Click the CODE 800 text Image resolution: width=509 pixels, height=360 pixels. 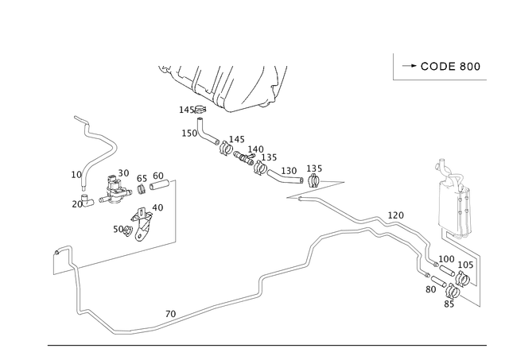pyautogui.click(x=450, y=67)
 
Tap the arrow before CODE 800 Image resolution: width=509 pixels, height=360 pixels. pyautogui.click(x=410, y=66)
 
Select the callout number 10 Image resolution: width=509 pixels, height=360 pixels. pyautogui.click(x=76, y=175)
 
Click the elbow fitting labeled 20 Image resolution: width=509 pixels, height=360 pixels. pyautogui.click(x=87, y=200)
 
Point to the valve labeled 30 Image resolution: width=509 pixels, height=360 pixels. pyautogui.click(x=115, y=191)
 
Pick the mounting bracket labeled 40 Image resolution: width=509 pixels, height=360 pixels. pyautogui.click(x=142, y=224)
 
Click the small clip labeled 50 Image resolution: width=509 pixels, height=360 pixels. pyautogui.click(x=128, y=230)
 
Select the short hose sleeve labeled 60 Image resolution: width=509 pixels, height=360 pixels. pyautogui.click(x=159, y=185)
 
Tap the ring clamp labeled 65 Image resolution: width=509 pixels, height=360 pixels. pyautogui.click(x=142, y=189)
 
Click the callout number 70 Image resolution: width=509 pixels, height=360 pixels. pyautogui.click(x=170, y=314)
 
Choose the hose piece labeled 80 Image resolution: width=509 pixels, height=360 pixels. pyautogui.click(x=438, y=281)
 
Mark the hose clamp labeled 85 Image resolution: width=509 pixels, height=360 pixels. pyautogui.click(x=453, y=291)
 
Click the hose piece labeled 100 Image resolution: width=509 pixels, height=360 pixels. pyautogui.click(x=447, y=270)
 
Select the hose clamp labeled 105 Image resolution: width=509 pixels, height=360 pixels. pyautogui.click(x=463, y=279)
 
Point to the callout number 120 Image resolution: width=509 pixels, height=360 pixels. pyautogui.click(x=396, y=215)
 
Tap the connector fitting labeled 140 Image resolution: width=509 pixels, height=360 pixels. pyautogui.click(x=244, y=157)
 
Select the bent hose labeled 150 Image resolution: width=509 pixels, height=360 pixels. pyautogui.click(x=207, y=132)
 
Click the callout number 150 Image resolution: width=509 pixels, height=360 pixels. pyautogui.click(x=189, y=134)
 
